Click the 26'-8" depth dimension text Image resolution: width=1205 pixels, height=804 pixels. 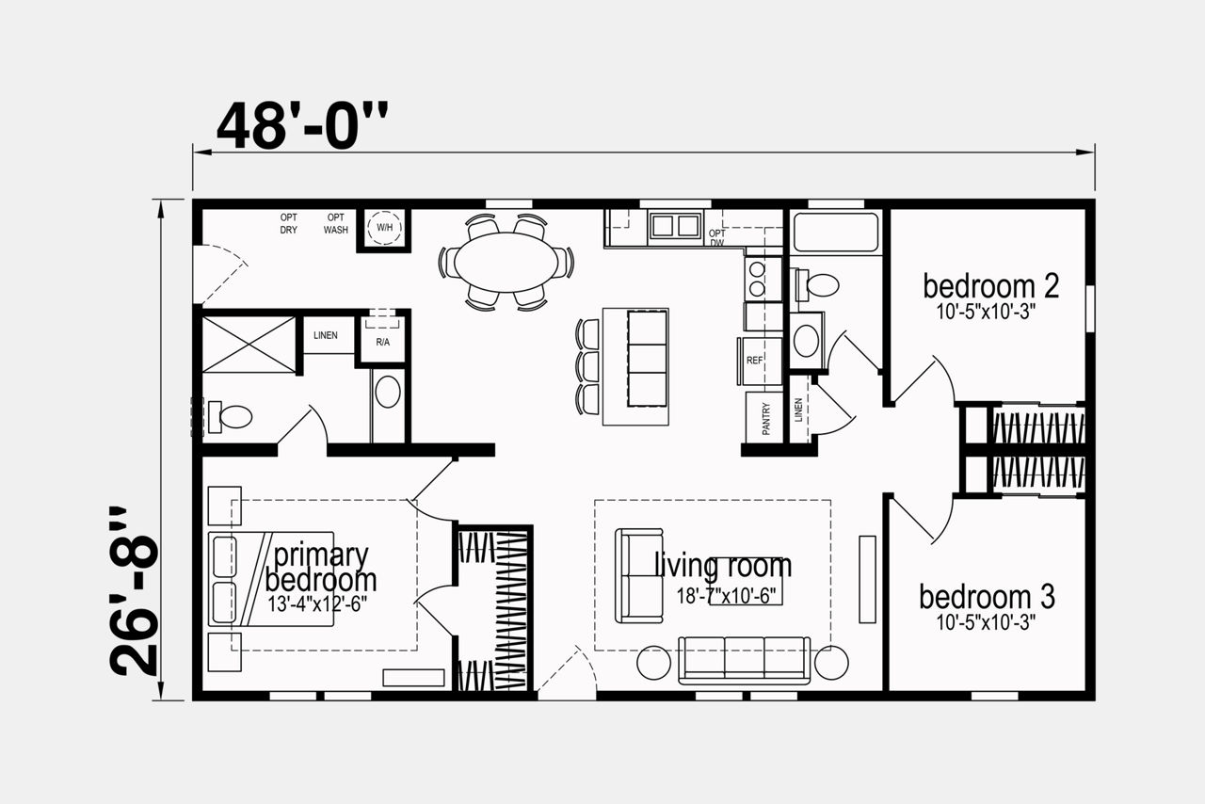tap(135, 591)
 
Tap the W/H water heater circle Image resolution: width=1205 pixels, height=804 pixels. tap(384, 228)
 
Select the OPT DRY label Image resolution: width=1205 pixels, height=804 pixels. tap(289, 223)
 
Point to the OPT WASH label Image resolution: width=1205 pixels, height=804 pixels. tap(336, 223)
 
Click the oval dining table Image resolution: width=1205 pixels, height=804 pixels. tap(506, 262)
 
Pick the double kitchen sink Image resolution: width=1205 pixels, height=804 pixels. tap(676, 226)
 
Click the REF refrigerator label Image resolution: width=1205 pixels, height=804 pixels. tap(755, 361)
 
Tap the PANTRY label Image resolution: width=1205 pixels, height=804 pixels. tap(766, 418)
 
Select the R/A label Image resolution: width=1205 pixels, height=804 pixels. tap(382, 342)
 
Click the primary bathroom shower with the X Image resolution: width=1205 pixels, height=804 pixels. tap(249, 345)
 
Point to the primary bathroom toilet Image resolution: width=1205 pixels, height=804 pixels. tap(231, 416)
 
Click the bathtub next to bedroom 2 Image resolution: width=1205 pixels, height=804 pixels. tap(836, 232)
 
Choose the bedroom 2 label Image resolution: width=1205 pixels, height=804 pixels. tap(991, 286)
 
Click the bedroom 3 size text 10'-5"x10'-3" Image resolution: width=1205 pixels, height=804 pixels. tap(986, 622)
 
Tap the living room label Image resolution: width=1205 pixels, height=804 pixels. tap(723, 566)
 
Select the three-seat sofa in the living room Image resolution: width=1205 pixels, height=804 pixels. tap(745, 660)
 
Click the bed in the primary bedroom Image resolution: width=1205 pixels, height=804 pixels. tap(271, 579)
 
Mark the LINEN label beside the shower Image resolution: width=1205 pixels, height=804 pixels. tap(326, 335)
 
